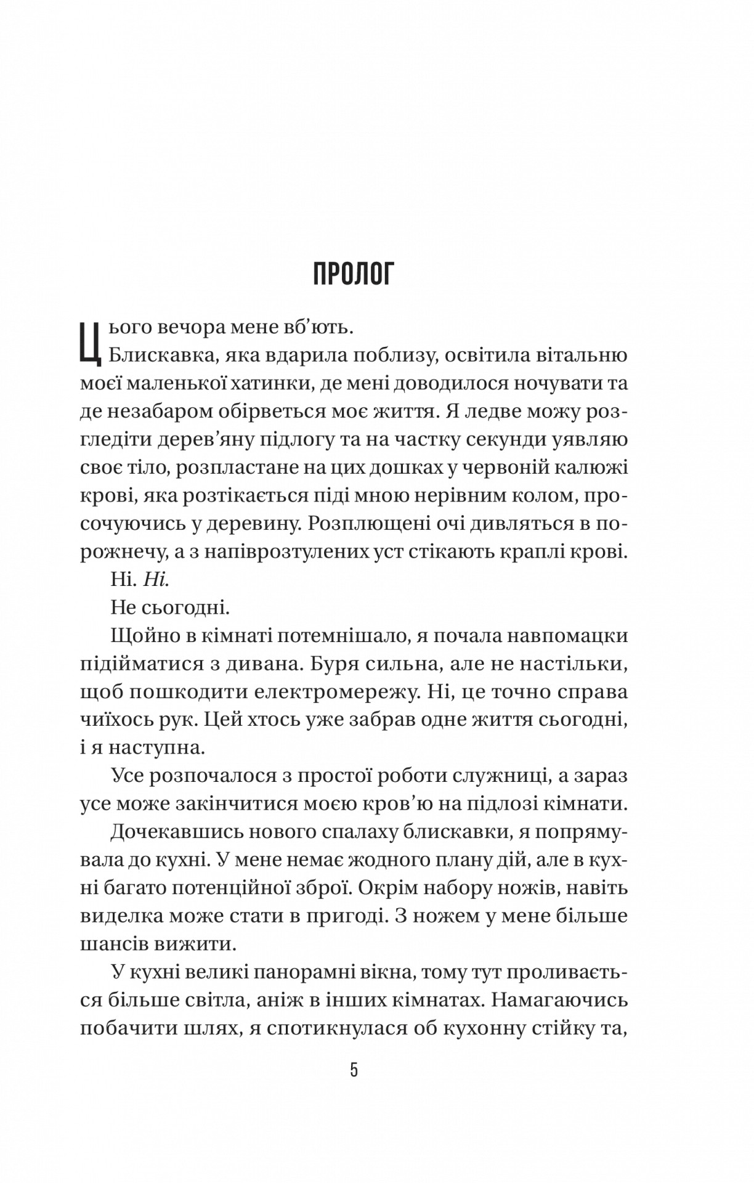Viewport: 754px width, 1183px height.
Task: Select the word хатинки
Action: (282, 383)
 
